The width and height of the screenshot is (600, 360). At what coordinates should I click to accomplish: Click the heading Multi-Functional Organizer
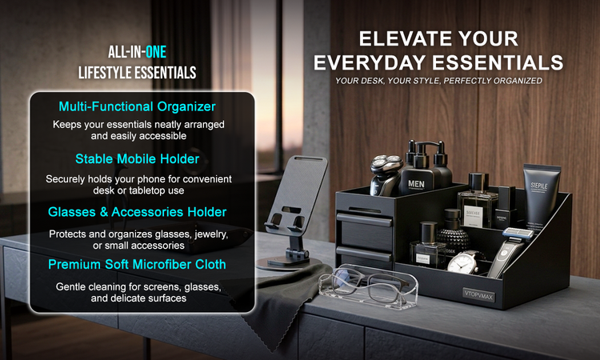point(137,106)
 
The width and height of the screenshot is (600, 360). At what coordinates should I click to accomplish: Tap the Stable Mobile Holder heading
point(137,158)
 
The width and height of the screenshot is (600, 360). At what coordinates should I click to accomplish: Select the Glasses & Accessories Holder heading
point(137,212)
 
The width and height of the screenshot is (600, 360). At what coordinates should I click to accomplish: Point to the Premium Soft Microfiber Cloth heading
point(137,264)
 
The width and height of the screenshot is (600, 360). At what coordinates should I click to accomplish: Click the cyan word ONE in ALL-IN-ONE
point(156,52)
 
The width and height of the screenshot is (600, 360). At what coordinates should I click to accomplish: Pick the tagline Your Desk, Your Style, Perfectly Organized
point(438,81)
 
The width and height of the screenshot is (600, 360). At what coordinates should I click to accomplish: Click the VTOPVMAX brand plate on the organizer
point(478,295)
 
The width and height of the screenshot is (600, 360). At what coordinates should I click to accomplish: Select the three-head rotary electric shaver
point(385,174)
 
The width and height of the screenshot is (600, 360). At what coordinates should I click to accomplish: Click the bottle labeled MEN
point(417,172)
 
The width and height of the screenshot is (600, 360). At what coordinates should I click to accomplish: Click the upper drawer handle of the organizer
point(364,220)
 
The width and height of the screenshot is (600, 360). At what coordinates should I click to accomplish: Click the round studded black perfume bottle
point(453,234)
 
